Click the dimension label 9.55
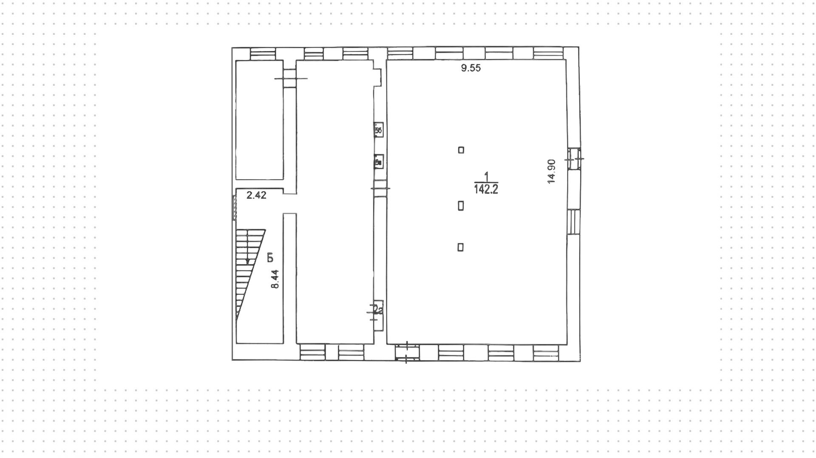pyautogui.click(x=471, y=68)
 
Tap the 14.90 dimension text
pyautogui.click(x=552, y=171)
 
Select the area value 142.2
pyautogui.click(x=486, y=189)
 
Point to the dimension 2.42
pyautogui.click(x=256, y=195)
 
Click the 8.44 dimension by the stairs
pyautogui.click(x=275, y=279)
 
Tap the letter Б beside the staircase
pyautogui.click(x=270, y=257)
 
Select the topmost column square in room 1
pyautogui.click(x=461, y=150)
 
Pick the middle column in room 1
pyautogui.click(x=461, y=206)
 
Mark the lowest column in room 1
pyautogui.click(x=460, y=247)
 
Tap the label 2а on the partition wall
pyautogui.click(x=378, y=310)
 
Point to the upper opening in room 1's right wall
pyautogui.click(x=574, y=158)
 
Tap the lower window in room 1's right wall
pyautogui.click(x=574, y=221)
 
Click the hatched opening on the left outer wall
pyautogui.click(x=234, y=208)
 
